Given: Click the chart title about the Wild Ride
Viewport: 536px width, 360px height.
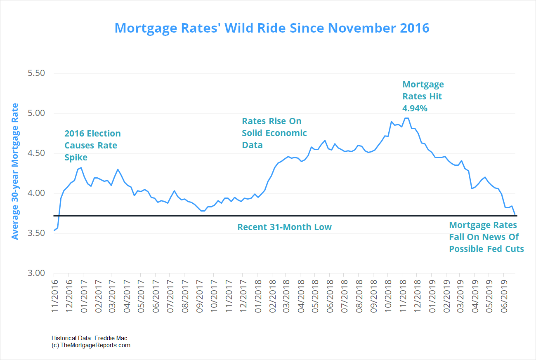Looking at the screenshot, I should (272, 28).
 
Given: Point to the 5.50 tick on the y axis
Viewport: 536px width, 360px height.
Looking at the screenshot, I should (36, 73).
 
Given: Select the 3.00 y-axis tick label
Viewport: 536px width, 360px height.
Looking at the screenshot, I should (36, 273).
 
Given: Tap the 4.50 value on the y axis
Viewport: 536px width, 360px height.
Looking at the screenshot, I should (36, 153).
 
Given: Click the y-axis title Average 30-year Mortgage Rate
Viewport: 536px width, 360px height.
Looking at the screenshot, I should (15, 171).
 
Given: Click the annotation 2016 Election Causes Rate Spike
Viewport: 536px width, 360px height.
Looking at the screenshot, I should (92, 146).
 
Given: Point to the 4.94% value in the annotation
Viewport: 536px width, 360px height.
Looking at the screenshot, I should (415, 108).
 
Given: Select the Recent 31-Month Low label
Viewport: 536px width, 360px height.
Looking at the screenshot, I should (284, 227).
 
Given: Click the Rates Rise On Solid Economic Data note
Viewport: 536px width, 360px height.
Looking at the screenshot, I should (274, 133).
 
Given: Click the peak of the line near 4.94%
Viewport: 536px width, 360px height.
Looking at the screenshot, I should (406, 118).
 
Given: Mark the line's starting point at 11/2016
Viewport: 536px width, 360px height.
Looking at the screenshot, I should (54, 230).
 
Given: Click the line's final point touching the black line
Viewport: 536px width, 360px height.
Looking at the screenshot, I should (515, 215).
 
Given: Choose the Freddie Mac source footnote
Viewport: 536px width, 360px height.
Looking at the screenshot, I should (90, 338).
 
